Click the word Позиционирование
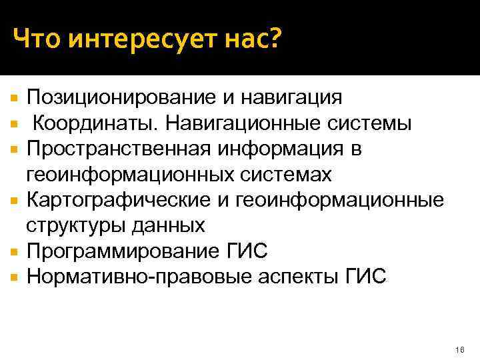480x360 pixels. (117, 99)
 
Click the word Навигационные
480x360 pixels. (237, 124)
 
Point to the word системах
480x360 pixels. (283, 174)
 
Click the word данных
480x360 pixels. (168, 225)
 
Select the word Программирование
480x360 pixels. (121, 251)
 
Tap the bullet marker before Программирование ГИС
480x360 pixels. (15, 251)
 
